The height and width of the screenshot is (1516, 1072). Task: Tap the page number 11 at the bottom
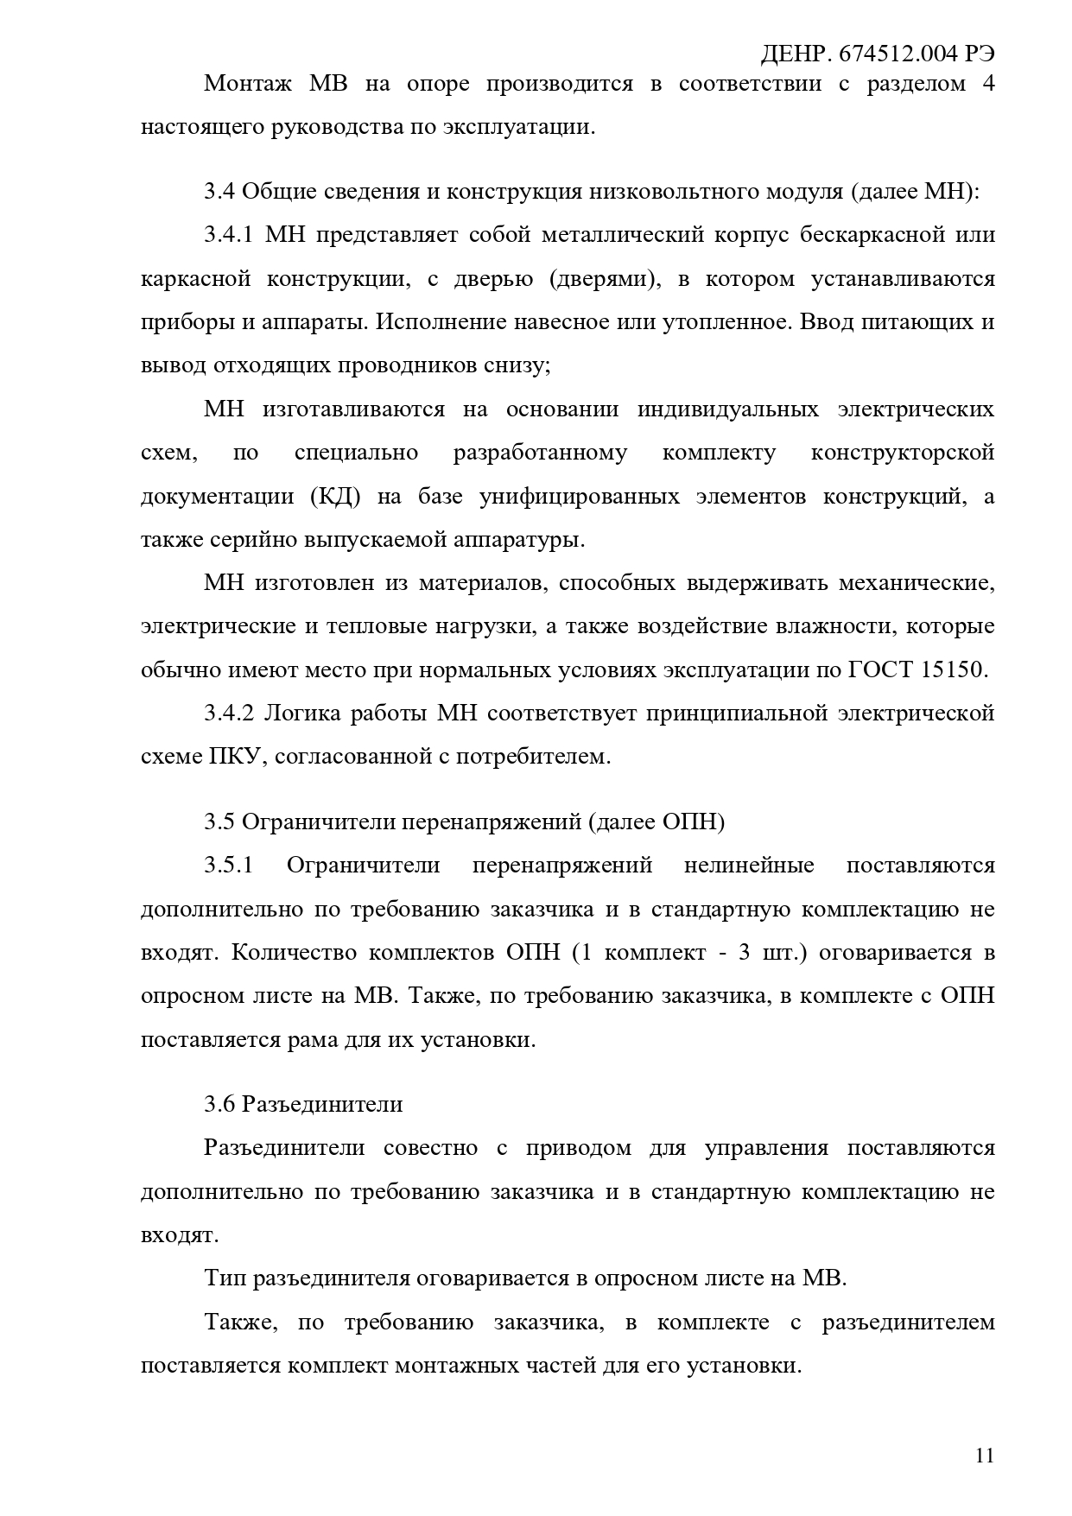point(984,1456)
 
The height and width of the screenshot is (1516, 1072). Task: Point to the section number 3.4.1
point(229,235)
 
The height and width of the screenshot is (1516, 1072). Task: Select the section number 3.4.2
point(229,714)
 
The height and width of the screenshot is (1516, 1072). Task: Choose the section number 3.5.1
point(229,866)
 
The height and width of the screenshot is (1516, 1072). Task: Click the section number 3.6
point(219,1104)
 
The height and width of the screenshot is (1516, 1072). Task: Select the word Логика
point(302,714)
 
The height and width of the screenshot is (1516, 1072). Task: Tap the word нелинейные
point(749,866)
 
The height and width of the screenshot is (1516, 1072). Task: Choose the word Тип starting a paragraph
point(224,1278)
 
